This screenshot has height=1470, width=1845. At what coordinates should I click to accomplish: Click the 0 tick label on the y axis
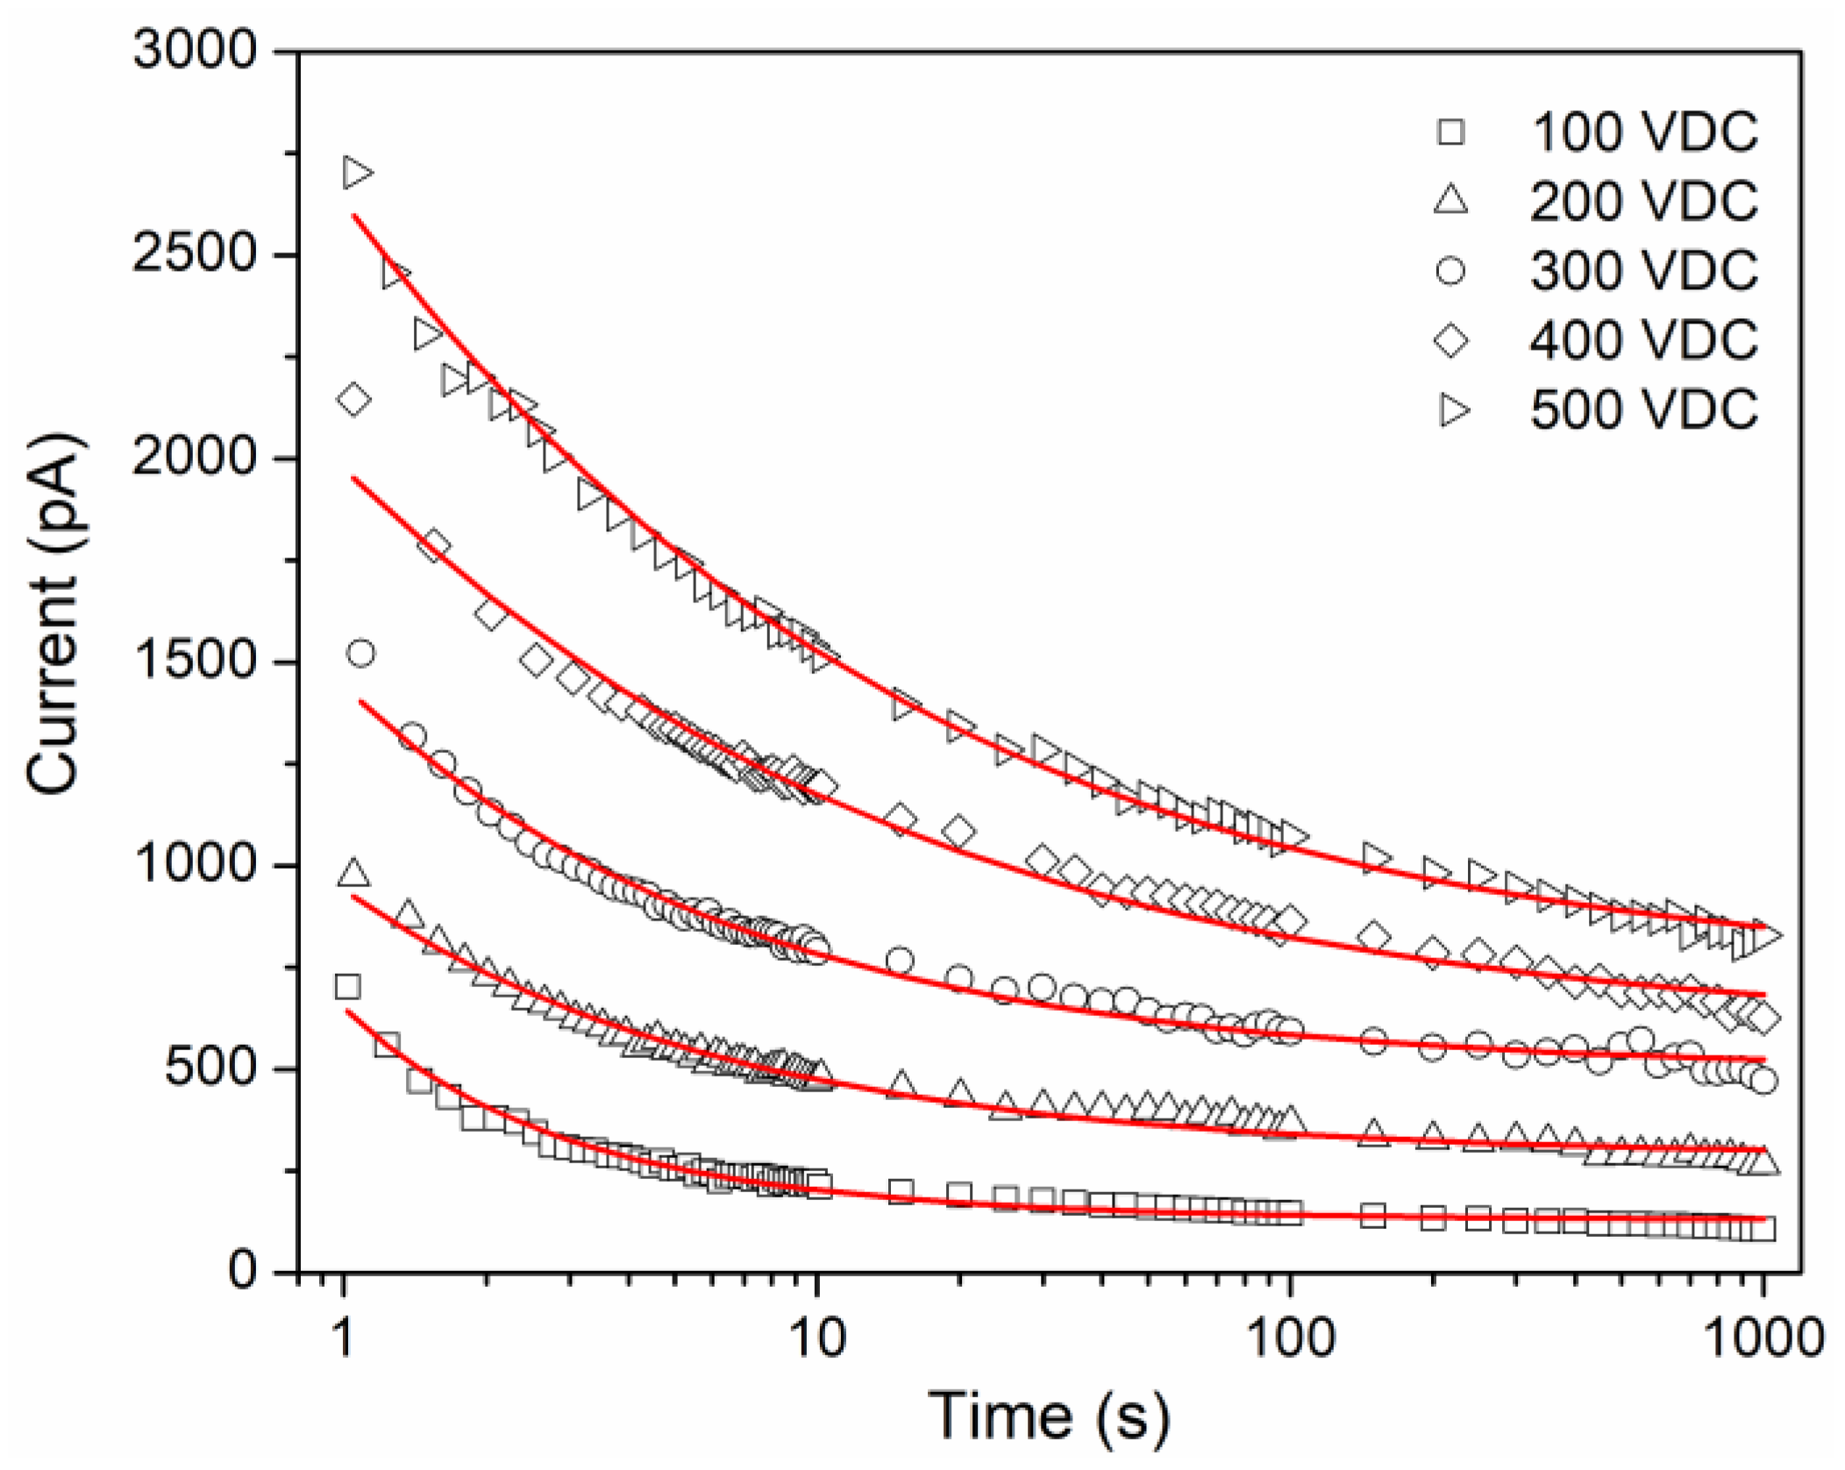pyautogui.click(x=242, y=1271)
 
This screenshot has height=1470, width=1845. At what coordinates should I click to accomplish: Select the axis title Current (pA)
pyautogui.click(x=54, y=614)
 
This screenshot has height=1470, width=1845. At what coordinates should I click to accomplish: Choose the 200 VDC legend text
pyautogui.click(x=1644, y=202)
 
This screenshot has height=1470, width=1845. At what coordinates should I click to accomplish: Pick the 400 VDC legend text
pyautogui.click(x=1644, y=340)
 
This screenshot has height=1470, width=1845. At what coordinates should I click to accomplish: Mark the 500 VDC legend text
pyautogui.click(x=1644, y=409)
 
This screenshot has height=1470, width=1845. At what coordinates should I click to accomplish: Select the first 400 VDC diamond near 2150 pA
pyautogui.click(x=354, y=400)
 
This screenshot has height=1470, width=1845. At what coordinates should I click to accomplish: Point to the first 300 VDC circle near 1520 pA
pyautogui.click(x=360, y=653)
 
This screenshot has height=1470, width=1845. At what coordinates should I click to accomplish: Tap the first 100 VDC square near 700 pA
pyautogui.click(x=347, y=987)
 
